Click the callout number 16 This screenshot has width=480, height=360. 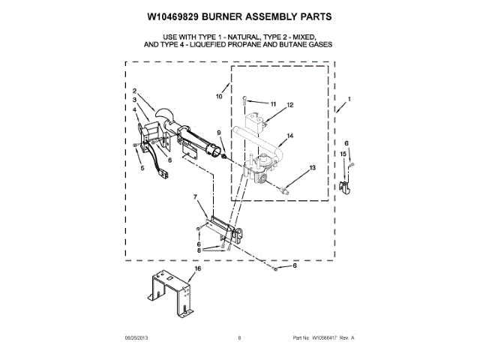198,268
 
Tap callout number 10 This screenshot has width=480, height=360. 220,97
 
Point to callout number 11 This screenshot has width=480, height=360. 272,103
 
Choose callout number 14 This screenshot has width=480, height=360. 289,136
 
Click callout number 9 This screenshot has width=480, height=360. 220,133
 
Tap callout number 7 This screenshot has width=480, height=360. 196,198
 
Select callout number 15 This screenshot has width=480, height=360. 343,154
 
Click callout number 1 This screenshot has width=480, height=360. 349,100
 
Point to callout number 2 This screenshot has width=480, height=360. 133,91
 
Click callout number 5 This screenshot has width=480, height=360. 142,168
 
